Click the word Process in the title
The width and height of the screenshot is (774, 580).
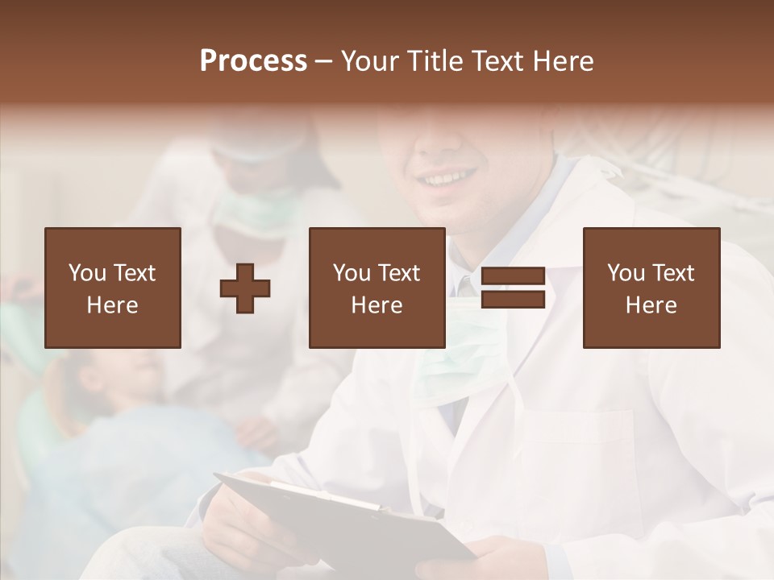tap(253, 61)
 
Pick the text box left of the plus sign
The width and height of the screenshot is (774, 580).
tap(113, 288)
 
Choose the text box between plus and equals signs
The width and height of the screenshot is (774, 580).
tap(377, 288)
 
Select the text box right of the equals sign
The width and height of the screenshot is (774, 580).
tap(651, 288)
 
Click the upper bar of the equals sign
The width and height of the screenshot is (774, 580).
tap(513, 276)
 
